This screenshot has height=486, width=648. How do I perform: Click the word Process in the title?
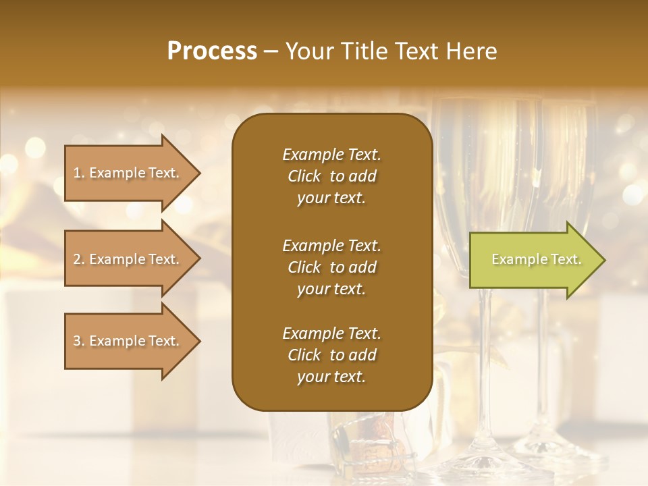coord(212,51)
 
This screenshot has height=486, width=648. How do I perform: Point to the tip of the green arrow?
coord(603,260)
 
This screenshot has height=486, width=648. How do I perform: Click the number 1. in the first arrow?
coord(78,173)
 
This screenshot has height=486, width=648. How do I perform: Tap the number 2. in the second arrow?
coord(78,259)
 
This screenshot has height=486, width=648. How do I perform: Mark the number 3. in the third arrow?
coord(78,341)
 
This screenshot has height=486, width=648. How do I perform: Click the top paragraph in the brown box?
coord(331,176)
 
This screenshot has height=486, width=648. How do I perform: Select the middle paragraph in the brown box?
coord(331,267)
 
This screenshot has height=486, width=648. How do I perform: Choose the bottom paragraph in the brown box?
coord(331,355)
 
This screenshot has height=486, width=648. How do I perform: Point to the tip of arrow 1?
coord(199,173)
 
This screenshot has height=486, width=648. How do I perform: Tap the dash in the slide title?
coord(271,52)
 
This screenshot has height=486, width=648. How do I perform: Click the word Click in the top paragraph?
coord(304,176)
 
